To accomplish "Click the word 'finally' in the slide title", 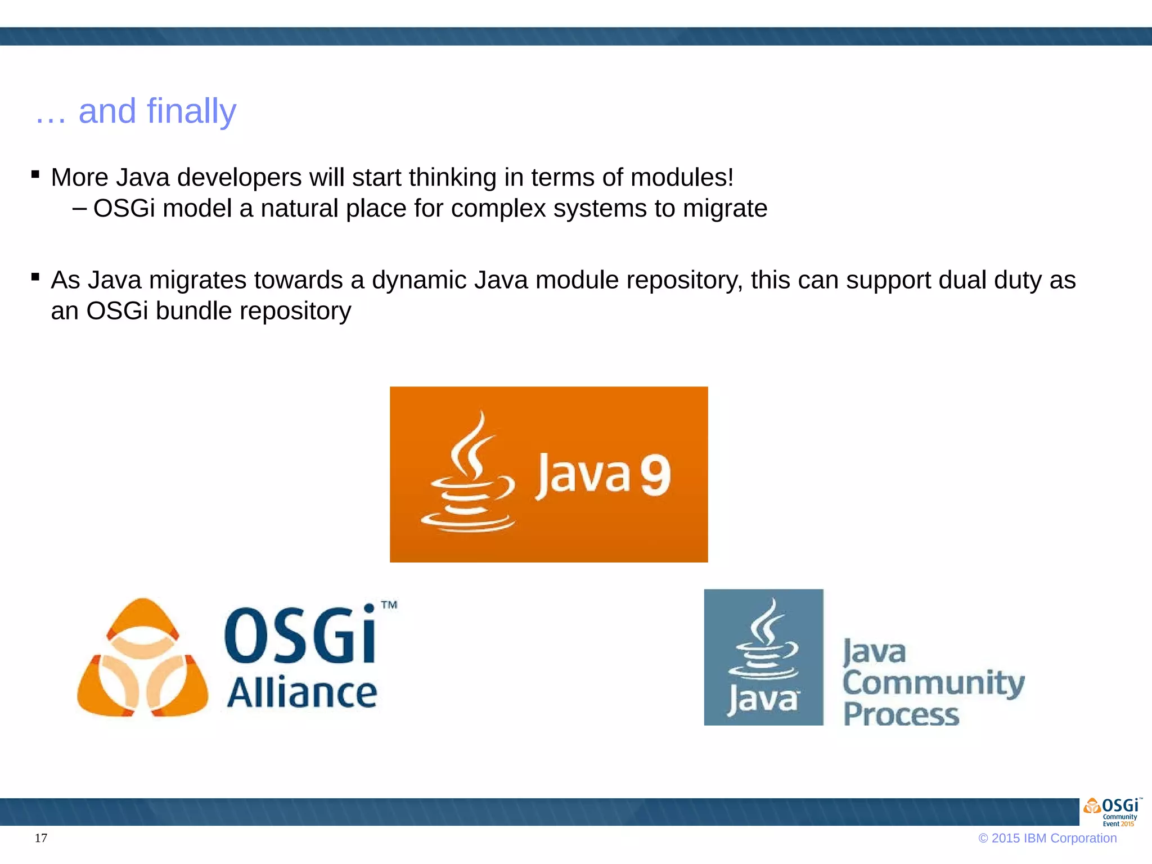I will pyautogui.click(x=191, y=111).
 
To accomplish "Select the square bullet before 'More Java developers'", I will pyautogui.click(x=35, y=174).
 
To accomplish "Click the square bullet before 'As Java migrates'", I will pyautogui.click(x=35, y=277).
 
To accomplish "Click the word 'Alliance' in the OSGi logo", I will pyautogui.click(x=302, y=692).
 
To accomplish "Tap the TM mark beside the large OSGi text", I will pyautogui.click(x=389, y=605).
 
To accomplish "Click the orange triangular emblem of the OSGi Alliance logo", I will pyautogui.click(x=143, y=659).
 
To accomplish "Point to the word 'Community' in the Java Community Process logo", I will pyautogui.click(x=933, y=683).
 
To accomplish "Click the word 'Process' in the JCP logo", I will pyautogui.click(x=901, y=714).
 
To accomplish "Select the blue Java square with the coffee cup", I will pyautogui.click(x=763, y=657).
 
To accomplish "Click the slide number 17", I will pyautogui.click(x=41, y=838).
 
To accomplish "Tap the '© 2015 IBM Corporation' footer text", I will pyautogui.click(x=1047, y=838).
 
